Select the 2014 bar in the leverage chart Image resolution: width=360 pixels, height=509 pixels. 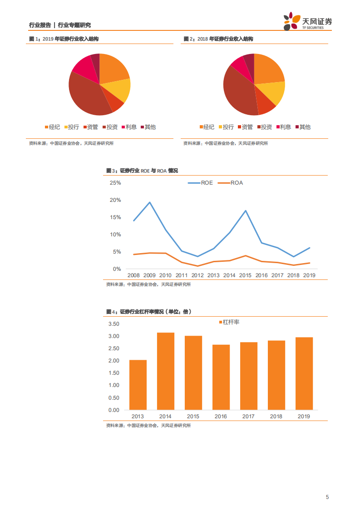pyautogui.click(x=166, y=371)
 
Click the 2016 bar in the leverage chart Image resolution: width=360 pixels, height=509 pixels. pyautogui.click(x=221, y=377)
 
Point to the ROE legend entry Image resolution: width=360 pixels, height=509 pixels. pyautogui.click(x=201, y=183)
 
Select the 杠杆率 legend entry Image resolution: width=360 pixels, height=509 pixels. pyautogui.click(x=229, y=322)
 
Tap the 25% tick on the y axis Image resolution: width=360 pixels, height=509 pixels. pyautogui.click(x=115, y=183)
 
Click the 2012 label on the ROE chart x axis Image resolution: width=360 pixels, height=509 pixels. pyautogui.click(x=197, y=275)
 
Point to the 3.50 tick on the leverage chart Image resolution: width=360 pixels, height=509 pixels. pyautogui.click(x=113, y=324)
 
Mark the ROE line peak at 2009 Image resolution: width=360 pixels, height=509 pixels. pyautogui.click(x=150, y=202)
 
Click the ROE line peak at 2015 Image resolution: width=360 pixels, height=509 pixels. pyautogui.click(x=246, y=210)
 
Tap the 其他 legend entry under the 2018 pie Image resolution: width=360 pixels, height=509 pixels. pyautogui.click(x=303, y=127)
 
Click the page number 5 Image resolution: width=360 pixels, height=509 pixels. pyautogui.click(x=327, y=497)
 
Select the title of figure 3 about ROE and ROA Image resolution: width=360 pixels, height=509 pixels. pyautogui.click(x=142, y=171)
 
